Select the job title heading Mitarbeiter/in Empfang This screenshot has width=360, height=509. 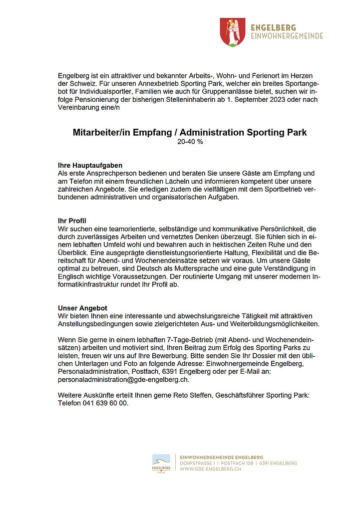point(189,133)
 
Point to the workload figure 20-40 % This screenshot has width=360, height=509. point(190,142)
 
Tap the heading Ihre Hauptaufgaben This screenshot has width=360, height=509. point(90,165)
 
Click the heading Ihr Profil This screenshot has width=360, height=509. point(73,220)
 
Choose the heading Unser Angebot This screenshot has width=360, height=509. point(82,308)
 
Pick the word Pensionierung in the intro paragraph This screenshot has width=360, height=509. point(87,99)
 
